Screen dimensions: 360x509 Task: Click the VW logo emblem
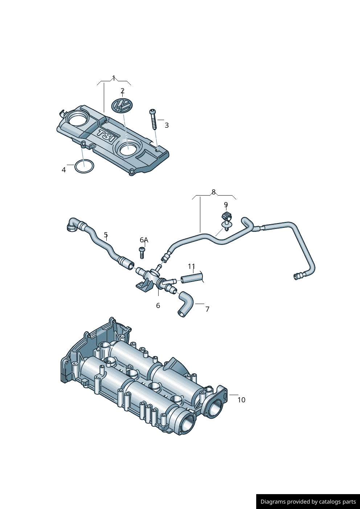(122, 106)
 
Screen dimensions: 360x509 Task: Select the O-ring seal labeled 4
(84, 167)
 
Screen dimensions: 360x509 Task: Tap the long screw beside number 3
(153, 119)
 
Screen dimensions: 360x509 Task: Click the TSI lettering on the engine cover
(106, 136)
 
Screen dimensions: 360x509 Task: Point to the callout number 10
(241, 400)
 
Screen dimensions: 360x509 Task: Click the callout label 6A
(144, 240)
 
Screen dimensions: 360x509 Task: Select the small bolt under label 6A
(142, 253)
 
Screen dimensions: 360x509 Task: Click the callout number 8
(213, 192)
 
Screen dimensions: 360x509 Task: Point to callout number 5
(106, 235)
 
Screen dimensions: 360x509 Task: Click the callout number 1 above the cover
(114, 78)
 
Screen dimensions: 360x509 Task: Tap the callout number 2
(122, 91)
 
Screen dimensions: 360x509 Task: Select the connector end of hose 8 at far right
(298, 276)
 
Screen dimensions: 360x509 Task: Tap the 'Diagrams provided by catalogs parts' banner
(308, 501)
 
